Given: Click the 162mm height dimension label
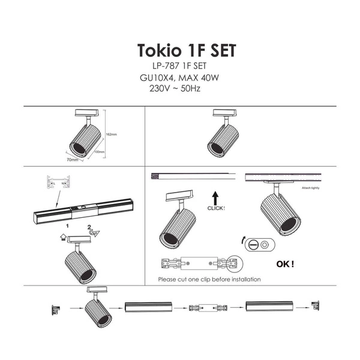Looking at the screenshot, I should tap(110, 134).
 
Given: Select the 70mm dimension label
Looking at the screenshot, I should tap(73, 160).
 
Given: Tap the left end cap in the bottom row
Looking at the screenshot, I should tap(55, 310).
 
